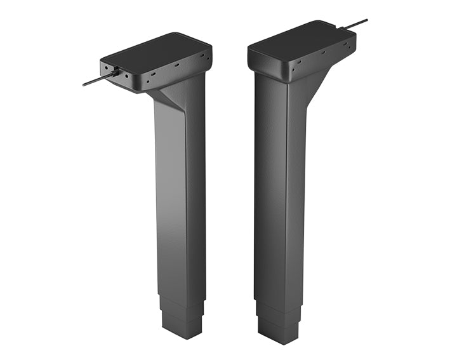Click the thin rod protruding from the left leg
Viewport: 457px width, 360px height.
[x=95, y=80]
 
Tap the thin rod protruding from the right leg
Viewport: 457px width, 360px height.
[x=355, y=24]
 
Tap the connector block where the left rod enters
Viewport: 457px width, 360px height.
[x=114, y=74]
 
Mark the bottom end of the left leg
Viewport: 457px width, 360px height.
[x=183, y=335]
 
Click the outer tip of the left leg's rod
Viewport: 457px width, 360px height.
[x=84, y=84]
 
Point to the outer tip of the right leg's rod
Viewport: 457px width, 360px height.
[x=366, y=20]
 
